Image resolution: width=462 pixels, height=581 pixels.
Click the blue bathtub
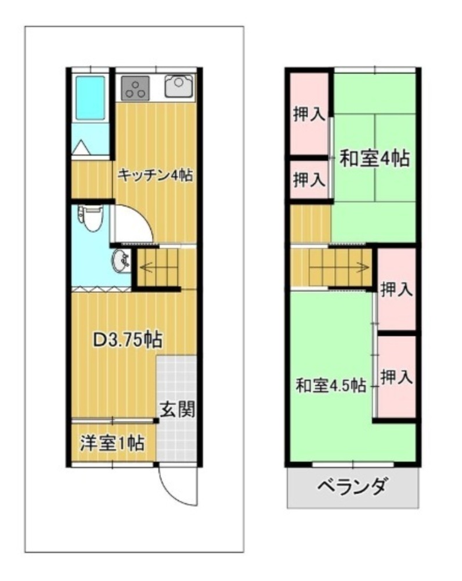click(x=91, y=98)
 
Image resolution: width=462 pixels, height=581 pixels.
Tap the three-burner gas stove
click(x=135, y=88)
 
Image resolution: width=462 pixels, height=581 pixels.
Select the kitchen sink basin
click(x=179, y=86)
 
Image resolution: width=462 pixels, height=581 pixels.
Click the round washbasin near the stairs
click(x=121, y=260)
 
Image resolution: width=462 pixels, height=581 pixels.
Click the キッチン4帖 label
click(x=155, y=175)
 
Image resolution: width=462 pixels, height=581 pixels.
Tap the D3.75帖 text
click(x=127, y=339)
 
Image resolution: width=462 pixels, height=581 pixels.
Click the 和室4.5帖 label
click(x=331, y=386)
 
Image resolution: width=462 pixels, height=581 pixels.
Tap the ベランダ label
click(x=353, y=486)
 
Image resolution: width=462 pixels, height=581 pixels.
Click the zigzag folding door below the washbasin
click(x=102, y=289)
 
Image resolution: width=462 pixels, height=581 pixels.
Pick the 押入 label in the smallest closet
click(x=309, y=180)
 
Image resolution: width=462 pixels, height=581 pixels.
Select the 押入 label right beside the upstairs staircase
click(x=396, y=289)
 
